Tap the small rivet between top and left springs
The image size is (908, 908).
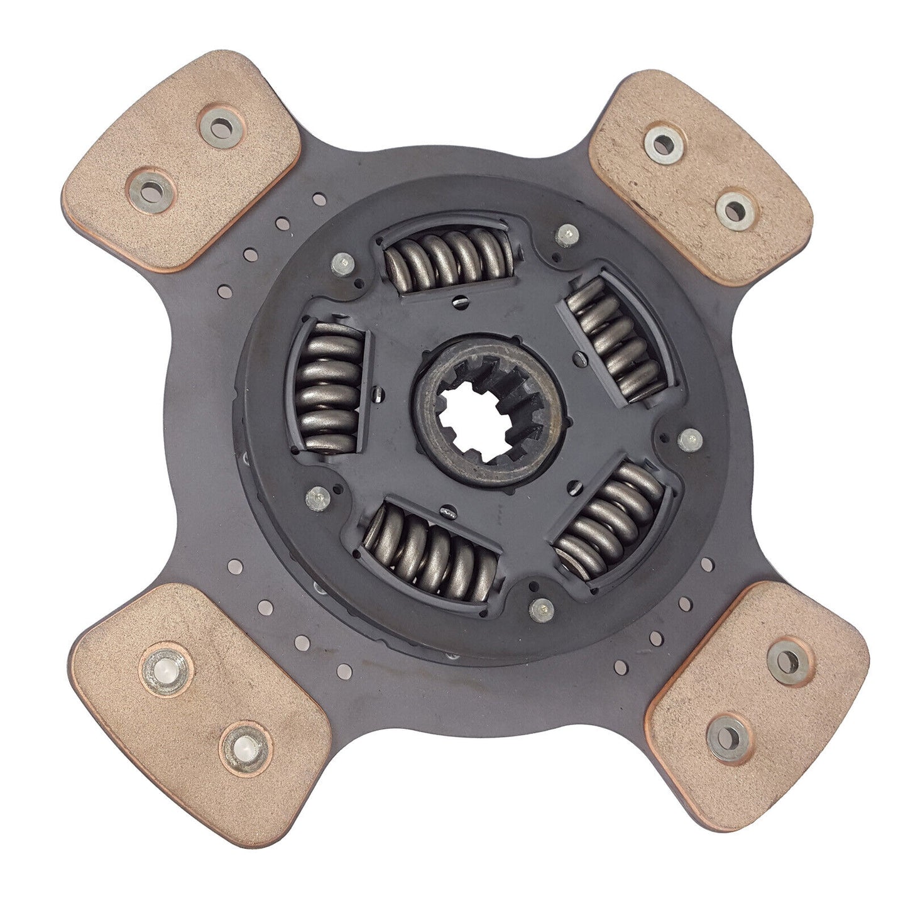tap(343, 262)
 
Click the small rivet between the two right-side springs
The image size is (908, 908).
tap(690, 437)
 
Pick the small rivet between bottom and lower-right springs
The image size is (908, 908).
tap(541, 608)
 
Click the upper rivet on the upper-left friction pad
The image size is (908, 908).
tap(221, 128)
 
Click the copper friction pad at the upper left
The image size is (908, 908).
tap(182, 160)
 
